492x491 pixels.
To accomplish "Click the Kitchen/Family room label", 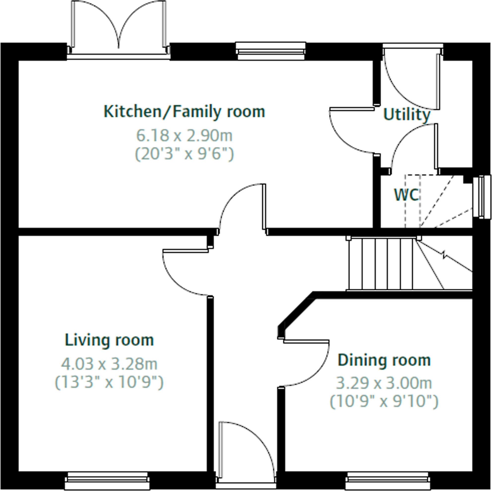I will (184, 112).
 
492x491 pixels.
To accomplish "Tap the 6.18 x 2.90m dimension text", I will (184, 135).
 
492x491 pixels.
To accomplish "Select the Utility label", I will (406, 115).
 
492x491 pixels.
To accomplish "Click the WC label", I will (406, 195).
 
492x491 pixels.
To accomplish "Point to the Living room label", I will (109, 340).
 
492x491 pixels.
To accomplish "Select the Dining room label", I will (384, 360).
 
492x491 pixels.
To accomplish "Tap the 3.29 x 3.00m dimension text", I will (384, 383).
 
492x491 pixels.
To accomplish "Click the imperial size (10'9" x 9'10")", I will (384, 401).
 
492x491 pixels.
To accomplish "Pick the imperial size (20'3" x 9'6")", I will (184, 154).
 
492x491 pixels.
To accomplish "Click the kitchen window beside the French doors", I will (271, 51).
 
